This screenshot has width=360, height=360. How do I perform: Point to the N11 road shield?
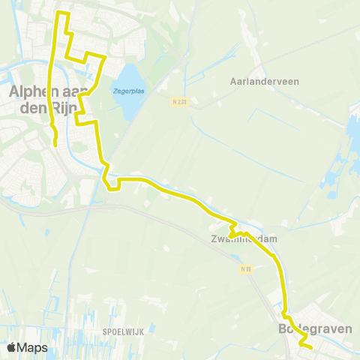pyautogui.click(x=245, y=268)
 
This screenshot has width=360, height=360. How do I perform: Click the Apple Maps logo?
pyautogui.click(x=27, y=347)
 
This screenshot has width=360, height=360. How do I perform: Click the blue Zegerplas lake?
pyautogui.click(x=129, y=101)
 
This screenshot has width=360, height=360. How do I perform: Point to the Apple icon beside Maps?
pyautogui.click(x=11, y=347)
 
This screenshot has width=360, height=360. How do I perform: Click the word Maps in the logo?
pyautogui.click(x=33, y=347)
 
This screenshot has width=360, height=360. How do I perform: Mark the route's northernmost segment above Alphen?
pyautogui.click(x=63, y=13)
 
